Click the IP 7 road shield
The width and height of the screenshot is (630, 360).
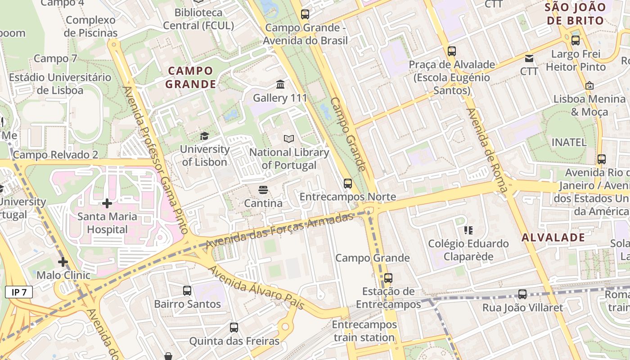[x=19, y=292]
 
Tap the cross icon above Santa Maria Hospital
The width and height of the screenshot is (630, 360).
[x=107, y=203]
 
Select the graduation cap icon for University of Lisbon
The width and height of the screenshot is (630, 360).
[x=205, y=136]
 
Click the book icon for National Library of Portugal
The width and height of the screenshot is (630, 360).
[x=289, y=139]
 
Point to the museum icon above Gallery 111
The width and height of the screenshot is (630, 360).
[x=280, y=84]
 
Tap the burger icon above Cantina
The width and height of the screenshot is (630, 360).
[x=263, y=190]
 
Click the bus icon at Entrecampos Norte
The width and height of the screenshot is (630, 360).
[x=347, y=183]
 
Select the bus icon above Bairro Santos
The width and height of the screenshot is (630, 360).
[x=187, y=291]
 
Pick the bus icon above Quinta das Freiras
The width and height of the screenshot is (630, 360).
[x=234, y=328]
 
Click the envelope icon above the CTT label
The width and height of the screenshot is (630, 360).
[x=529, y=58]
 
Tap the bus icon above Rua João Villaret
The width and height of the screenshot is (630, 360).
[x=522, y=294]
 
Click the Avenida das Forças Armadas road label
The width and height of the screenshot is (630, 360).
[x=279, y=231]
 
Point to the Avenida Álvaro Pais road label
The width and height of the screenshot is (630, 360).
[x=256, y=288]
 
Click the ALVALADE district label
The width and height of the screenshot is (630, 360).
[x=553, y=238]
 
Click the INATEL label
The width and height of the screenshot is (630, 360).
[x=569, y=143]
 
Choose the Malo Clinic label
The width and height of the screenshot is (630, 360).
[x=63, y=275]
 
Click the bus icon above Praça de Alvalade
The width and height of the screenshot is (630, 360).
[x=452, y=51]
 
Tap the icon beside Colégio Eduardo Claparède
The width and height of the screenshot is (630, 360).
[x=468, y=230]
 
